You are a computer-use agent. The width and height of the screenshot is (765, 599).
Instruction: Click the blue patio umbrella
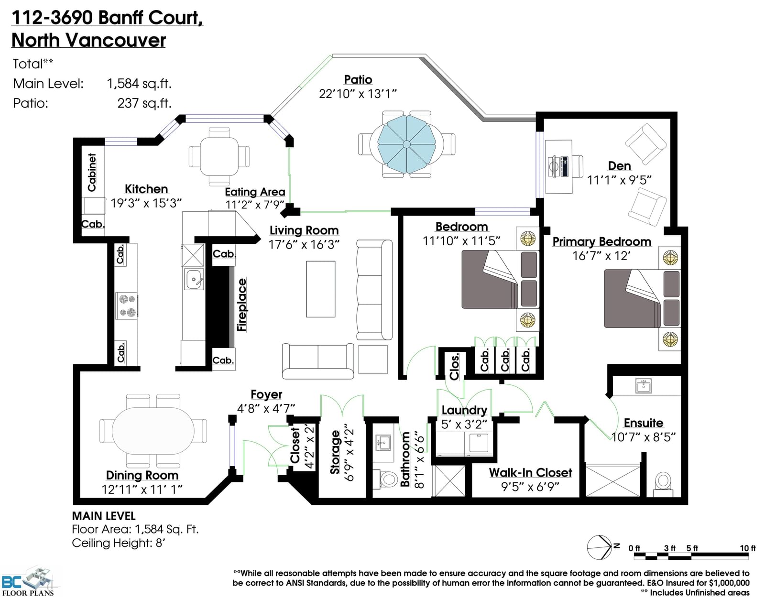coord(406,144)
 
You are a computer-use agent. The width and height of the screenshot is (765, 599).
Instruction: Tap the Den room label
coord(619,166)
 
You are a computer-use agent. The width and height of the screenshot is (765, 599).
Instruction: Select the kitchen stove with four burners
coord(127,306)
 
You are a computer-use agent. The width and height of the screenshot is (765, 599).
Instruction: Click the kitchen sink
coord(193,279)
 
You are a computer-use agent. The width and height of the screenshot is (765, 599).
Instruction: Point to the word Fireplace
coord(242,305)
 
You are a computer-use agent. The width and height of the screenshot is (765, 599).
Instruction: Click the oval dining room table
coord(153,431)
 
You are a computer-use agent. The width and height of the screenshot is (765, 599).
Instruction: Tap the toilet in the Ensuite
coord(663,484)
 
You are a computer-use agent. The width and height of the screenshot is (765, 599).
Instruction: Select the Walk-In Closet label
coord(530,473)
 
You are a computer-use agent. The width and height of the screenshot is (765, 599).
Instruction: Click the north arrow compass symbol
coord(600,547)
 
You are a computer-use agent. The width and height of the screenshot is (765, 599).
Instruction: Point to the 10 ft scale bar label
coord(748,548)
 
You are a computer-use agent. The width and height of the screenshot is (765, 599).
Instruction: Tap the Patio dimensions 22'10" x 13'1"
coord(358,94)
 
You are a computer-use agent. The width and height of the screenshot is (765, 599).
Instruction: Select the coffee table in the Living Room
coord(320,289)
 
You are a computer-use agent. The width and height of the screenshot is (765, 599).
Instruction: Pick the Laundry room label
coord(464,410)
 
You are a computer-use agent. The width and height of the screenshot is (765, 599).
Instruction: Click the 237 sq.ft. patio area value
coord(144,103)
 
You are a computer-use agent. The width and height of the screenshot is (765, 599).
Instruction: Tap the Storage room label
coord(335,452)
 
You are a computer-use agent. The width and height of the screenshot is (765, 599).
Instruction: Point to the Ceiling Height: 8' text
coord(119,543)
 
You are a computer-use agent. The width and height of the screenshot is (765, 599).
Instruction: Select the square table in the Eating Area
coord(219,156)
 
